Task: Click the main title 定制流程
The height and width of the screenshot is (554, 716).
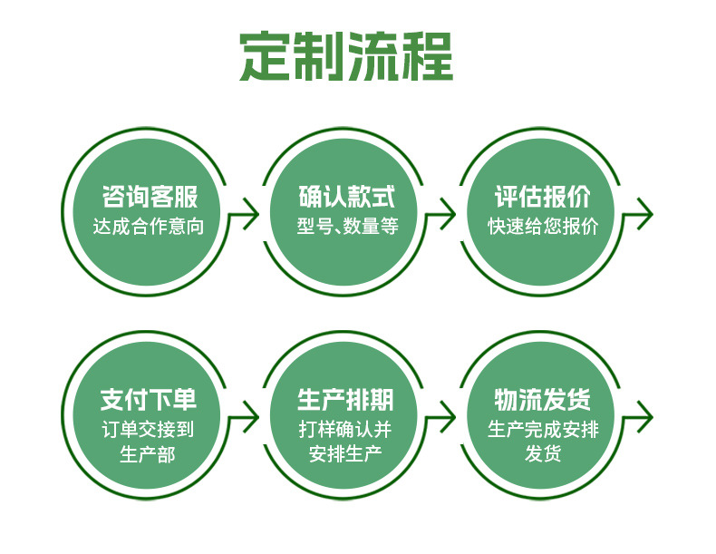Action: point(346,56)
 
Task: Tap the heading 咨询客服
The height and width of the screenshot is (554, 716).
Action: point(150,197)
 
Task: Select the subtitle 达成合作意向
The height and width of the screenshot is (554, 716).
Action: point(149,227)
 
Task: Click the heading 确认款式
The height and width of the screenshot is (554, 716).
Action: point(347,197)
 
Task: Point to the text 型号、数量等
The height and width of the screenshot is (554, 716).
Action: point(347,226)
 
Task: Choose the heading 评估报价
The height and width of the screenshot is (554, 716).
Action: point(543,197)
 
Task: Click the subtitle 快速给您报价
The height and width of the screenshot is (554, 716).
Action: point(543,226)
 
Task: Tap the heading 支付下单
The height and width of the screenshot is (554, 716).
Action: point(149,400)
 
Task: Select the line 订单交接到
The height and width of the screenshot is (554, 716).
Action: point(148,429)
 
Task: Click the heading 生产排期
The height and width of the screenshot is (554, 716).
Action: point(345,400)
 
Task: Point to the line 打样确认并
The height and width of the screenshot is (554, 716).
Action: point(345,429)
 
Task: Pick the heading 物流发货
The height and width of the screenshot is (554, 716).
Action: point(543,400)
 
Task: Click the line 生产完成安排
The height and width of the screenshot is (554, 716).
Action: point(543,429)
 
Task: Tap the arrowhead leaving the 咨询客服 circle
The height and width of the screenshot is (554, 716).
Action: point(252,214)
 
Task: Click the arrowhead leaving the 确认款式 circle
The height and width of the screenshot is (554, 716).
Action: point(449,214)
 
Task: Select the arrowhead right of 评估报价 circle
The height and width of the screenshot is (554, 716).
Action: point(645,214)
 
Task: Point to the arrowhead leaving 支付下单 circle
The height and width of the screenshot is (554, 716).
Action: point(252,417)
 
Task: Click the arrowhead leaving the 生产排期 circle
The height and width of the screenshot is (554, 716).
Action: point(449,417)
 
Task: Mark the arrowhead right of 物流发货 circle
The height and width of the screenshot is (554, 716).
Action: point(645,417)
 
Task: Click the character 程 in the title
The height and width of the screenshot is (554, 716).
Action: point(427,56)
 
